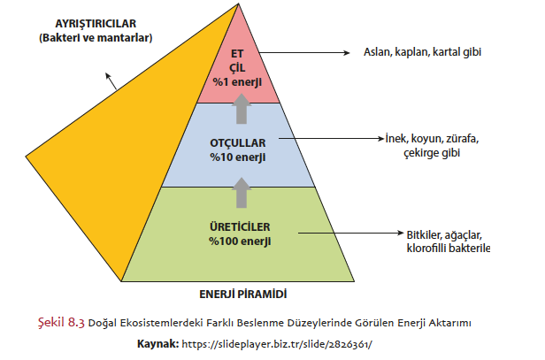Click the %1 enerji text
tap(237, 81)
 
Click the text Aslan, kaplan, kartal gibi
tap(423, 51)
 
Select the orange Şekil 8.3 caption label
tap(61, 322)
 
